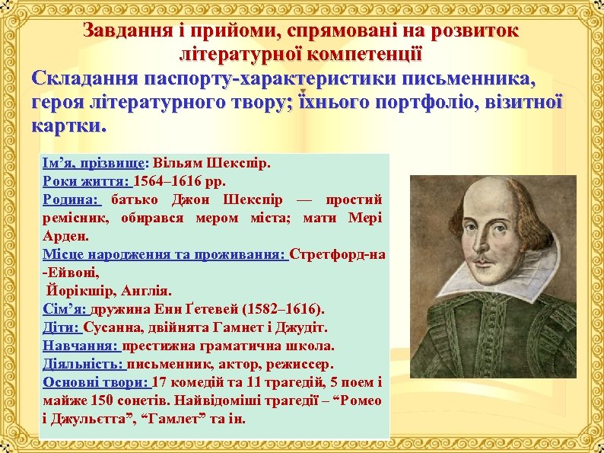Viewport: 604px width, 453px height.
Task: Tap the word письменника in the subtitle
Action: [476, 78]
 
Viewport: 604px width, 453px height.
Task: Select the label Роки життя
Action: [86, 181]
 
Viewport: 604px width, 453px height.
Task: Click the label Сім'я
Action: [65, 309]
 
